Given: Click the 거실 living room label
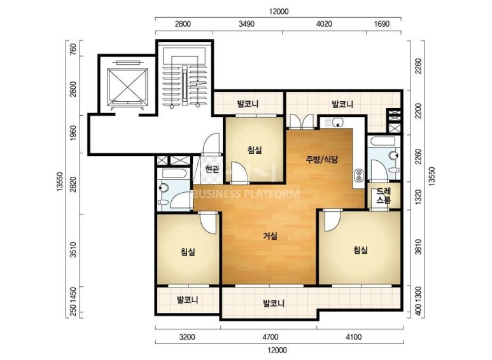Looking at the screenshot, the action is [x=270, y=236].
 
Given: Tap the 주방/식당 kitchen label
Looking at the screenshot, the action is [x=322, y=160].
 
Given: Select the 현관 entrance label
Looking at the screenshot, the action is [x=212, y=169].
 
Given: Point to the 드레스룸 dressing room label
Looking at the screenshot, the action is [x=384, y=196].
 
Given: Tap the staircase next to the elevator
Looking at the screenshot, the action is [x=185, y=78].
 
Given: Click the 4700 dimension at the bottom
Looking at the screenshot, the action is [x=270, y=337].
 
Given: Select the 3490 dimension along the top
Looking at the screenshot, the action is [x=246, y=24].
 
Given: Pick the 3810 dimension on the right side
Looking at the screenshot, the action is [x=418, y=247].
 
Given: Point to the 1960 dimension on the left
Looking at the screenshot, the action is [x=73, y=133].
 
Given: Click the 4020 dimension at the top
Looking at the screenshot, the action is [x=323, y=24].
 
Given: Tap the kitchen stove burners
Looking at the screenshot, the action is [x=358, y=176].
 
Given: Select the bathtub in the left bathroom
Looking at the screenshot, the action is [x=174, y=174].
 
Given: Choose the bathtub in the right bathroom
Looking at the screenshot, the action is [x=383, y=141].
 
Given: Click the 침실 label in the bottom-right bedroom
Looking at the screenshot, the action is [x=360, y=250].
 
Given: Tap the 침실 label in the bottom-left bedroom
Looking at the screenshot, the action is [x=188, y=251].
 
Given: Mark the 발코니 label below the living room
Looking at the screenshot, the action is [x=274, y=303].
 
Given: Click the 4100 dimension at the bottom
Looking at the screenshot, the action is [x=354, y=337].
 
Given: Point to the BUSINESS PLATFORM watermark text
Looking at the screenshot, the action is [x=246, y=194].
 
